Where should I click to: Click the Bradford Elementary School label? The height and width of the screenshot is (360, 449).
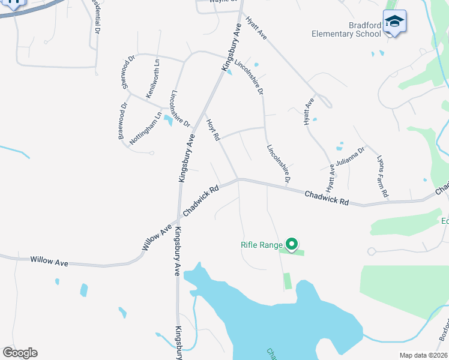[x=346, y=29]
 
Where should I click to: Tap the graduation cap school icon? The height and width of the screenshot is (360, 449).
[x=394, y=22]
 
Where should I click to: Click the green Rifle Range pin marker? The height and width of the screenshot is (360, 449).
[x=292, y=244]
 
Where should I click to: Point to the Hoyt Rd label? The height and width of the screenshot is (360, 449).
[x=213, y=130]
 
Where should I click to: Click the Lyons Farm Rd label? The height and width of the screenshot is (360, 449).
[x=382, y=178]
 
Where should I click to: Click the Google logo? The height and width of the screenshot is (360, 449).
[x=20, y=353]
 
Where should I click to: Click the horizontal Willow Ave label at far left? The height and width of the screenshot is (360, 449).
[x=50, y=261]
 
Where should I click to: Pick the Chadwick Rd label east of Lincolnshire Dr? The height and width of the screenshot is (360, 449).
[x=327, y=197]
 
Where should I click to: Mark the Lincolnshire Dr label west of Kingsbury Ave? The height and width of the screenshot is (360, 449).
[x=180, y=109]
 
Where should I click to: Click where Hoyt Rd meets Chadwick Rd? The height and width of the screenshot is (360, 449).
[x=238, y=179]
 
